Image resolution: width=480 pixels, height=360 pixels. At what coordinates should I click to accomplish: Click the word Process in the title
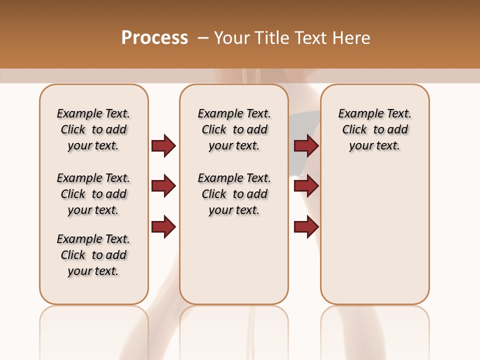pyautogui.click(x=154, y=38)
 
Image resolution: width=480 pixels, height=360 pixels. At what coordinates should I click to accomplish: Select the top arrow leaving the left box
pyautogui.click(x=163, y=145)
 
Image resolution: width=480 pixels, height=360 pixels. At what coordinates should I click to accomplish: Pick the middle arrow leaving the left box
pyautogui.click(x=163, y=186)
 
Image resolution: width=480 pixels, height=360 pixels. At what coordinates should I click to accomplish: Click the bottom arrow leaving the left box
pyautogui.click(x=163, y=226)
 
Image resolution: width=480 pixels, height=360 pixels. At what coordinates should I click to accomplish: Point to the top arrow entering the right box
pyautogui.click(x=306, y=145)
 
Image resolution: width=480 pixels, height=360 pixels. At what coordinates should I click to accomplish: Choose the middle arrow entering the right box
pyautogui.click(x=306, y=186)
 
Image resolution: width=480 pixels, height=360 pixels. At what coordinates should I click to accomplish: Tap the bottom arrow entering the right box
pyautogui.click(x=306, y=226)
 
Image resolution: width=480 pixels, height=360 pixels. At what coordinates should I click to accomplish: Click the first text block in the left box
pyautogui.click(x=93, y=129)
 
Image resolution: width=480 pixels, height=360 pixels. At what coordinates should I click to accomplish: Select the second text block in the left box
pyautogui.click(x=93, y=194)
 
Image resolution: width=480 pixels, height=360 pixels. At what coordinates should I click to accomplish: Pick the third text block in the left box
pyautogui.click(x=93, y=255)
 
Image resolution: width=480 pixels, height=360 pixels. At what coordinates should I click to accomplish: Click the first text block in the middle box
pyautogui.click(x=234, y=129)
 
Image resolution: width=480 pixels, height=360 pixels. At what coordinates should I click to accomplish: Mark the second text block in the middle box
pyautogui.click(x=234, y=194)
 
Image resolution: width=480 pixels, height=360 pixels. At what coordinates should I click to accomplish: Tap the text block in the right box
pyautogui.click(x=375, y=129)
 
